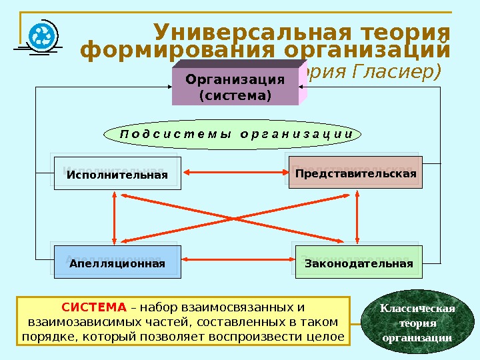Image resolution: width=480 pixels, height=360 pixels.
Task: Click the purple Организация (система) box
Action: tap(235, 87)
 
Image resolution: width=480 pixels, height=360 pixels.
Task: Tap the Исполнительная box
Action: tap(117, 175)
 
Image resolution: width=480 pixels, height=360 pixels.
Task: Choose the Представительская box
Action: tap(355, 174)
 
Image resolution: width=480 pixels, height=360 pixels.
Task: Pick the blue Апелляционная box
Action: tap(116, 263)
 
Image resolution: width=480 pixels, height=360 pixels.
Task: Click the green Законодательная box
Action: tap(358, 263)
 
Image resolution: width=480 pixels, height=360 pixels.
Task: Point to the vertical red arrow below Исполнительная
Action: tap(115, 217)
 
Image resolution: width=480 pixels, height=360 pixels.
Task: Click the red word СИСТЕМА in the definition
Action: tap(93, 308)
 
